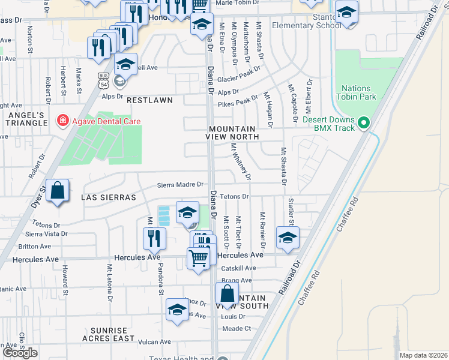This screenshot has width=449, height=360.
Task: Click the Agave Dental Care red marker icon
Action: (x=62, y=121)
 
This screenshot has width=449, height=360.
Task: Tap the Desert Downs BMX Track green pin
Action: (x=363, y=124)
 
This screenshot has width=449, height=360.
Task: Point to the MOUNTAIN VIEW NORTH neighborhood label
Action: (x=234, y=133)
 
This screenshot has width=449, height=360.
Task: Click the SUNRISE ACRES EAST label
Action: (x=113, y=334)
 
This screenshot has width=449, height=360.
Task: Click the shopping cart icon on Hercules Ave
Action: (x=198, y=259)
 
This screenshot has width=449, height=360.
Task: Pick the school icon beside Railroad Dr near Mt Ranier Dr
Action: (x=288, y=238)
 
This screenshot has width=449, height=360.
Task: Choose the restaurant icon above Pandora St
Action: (x=154, y=238)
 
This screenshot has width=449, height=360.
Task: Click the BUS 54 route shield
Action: (x=103, y=80)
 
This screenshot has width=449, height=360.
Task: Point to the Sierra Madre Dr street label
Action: (x=181, y=185)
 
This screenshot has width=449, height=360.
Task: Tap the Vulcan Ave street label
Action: (x=155, y=342)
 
